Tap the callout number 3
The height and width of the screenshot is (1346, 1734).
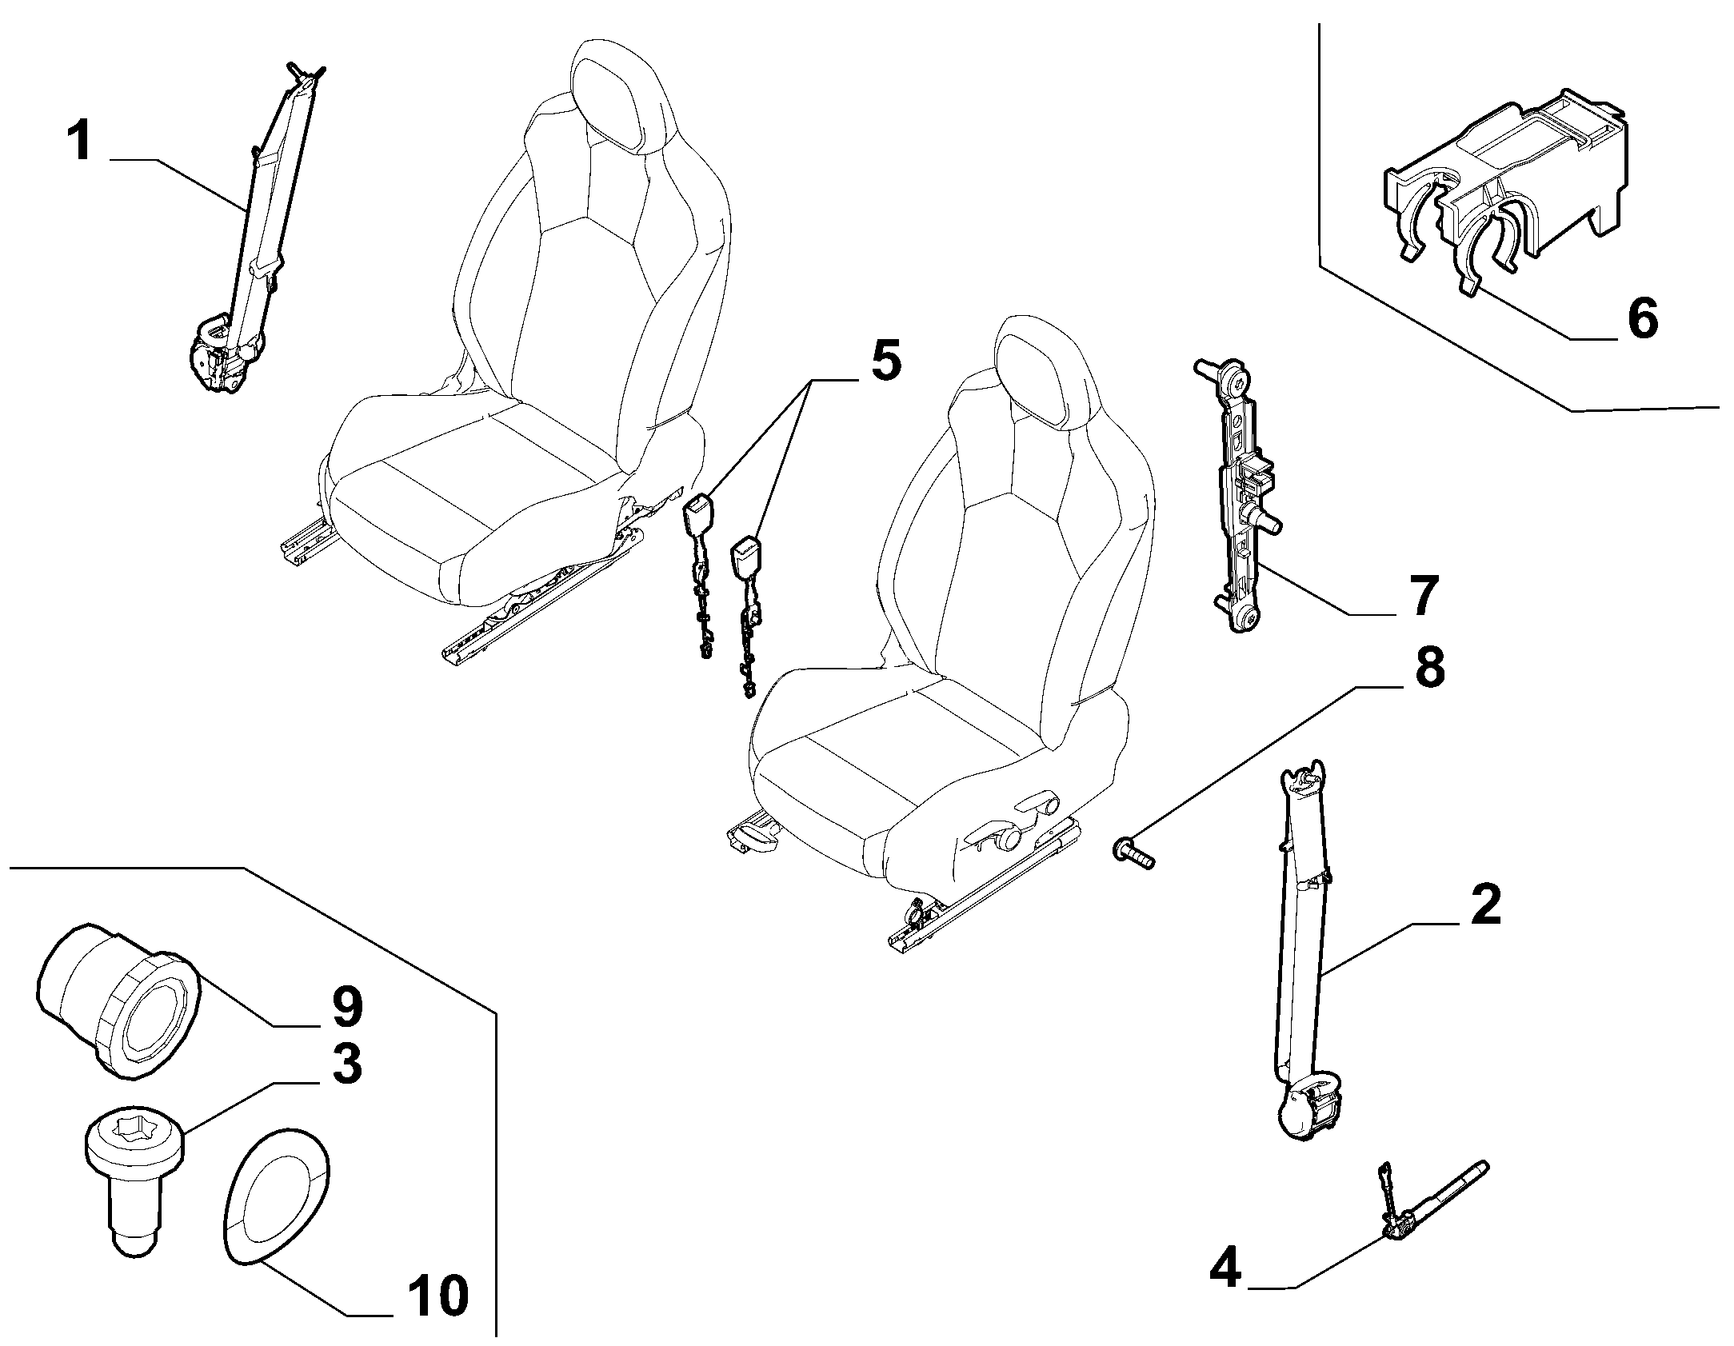click(346, 1065)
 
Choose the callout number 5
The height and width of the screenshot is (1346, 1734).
click(885, 361)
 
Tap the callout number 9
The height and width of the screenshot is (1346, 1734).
click(346, 1007)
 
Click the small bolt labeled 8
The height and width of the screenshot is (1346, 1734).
click(1133, 852)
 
